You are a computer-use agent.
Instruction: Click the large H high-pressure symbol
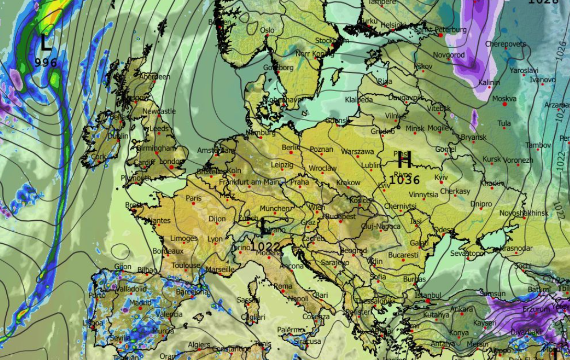405,160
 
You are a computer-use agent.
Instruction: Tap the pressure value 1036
405,180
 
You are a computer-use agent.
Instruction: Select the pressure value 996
46,63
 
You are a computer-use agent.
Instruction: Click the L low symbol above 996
46,43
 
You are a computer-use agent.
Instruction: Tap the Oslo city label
267,30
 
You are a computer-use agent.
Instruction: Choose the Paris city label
194,198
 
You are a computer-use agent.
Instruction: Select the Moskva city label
504,98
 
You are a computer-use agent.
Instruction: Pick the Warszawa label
357,152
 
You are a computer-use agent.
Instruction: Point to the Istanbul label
428,296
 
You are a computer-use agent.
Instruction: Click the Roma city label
283,286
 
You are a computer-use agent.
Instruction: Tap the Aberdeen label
155,77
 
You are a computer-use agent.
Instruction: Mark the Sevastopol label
467,253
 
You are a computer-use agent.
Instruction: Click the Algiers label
199,345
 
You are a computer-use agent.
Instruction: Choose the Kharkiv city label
492,184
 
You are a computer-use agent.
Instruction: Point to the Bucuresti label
403,255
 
